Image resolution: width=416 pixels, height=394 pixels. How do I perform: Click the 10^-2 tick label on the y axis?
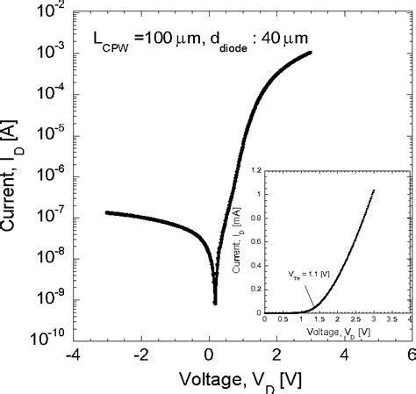47,10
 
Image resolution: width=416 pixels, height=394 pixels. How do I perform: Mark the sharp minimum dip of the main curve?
215,302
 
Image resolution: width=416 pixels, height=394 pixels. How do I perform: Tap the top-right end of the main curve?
311,53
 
